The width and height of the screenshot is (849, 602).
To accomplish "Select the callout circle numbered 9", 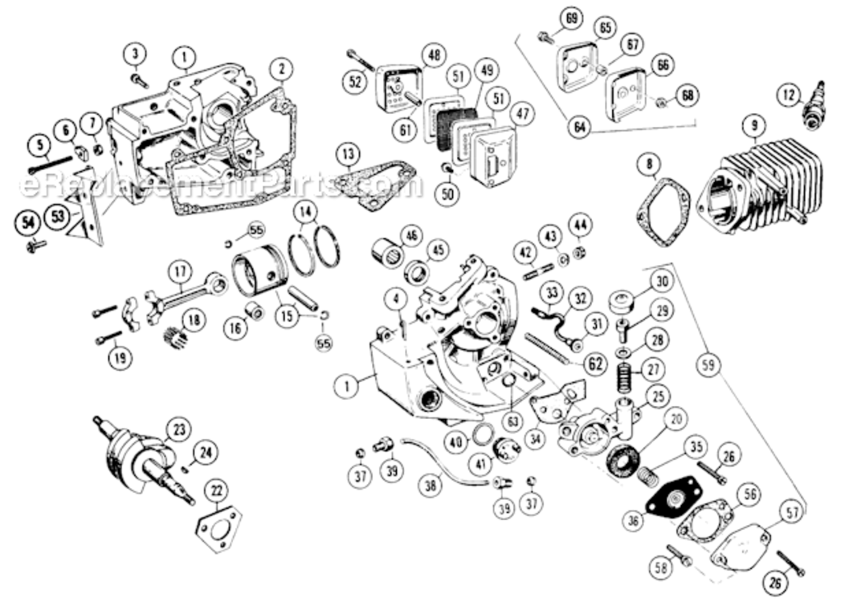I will point(753,124).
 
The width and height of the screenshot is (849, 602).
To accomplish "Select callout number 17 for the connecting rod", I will point(180,271).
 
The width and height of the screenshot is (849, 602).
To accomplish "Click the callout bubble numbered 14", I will point(304,213).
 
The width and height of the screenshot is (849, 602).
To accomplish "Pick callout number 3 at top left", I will point(136,54).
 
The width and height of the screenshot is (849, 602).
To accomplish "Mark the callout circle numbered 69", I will point(571,18).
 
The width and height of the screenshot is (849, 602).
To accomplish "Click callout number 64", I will point(578,126).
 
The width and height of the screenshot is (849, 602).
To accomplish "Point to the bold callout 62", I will point(594,364).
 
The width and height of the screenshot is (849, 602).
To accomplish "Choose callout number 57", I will point(793,510).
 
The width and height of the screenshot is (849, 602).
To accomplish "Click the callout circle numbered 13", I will point(346,153).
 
